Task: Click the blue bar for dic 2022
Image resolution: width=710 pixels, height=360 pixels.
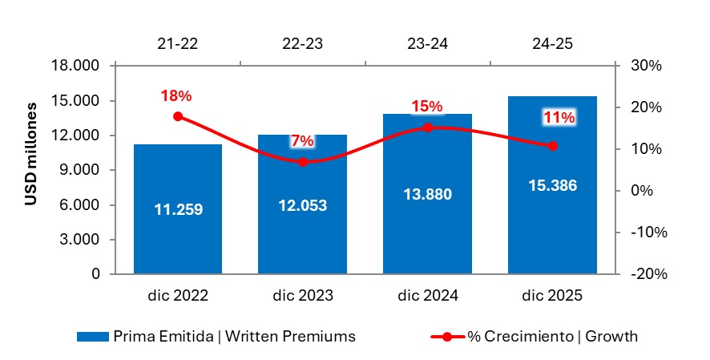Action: point(178,233)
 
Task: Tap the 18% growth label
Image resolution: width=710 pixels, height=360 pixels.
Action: point(176,95)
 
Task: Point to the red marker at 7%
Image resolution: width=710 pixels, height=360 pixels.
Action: point(302,162)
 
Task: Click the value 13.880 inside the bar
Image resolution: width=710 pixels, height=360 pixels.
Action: point(427,194)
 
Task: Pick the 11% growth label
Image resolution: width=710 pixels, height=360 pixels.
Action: point(559,118)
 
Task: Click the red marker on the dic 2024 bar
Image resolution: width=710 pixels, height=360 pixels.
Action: point(427,127)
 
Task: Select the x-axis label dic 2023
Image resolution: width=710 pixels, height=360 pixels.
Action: point(302,296)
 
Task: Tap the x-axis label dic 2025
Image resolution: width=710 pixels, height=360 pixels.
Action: point(552,296)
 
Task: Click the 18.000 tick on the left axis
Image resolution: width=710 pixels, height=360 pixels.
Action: point(79,66)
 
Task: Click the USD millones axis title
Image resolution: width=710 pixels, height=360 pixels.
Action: point(31,153)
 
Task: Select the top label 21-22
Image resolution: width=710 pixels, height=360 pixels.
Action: point(178,44)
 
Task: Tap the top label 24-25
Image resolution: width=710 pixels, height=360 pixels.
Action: point(552,44)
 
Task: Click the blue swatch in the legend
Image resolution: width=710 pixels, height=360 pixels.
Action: point(93,337)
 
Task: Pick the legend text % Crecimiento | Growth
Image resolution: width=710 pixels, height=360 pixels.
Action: point(553,337)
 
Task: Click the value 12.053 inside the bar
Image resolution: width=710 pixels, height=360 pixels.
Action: point(302,205)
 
